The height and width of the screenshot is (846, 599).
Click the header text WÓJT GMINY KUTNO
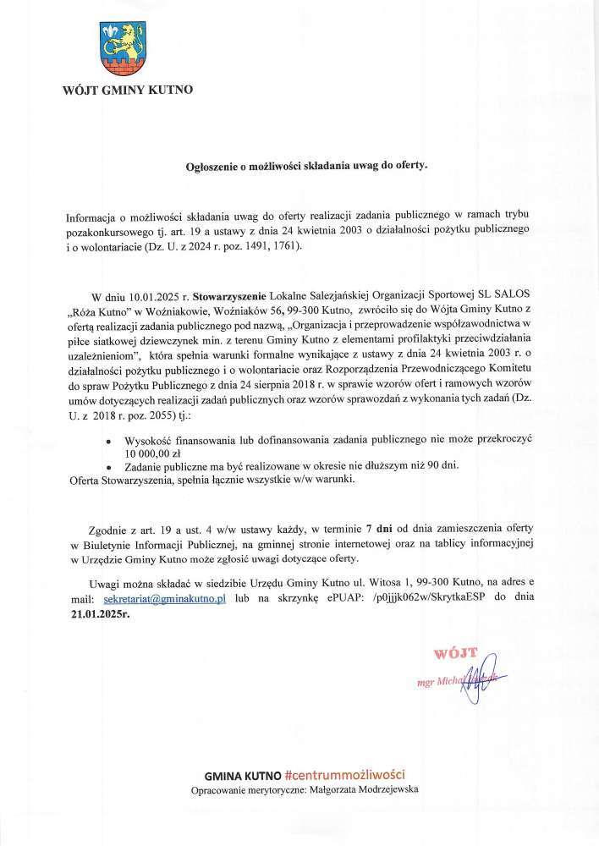coord(128,91)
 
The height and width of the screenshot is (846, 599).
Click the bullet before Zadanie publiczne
coord(107,467)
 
